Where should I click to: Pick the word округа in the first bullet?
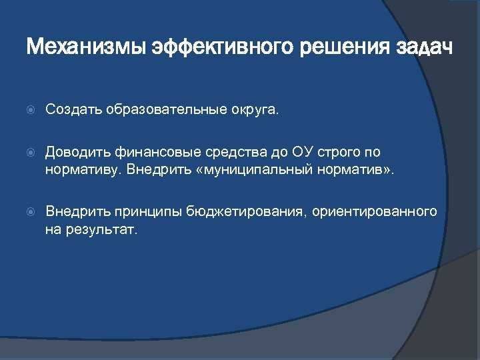(x=255, y=109)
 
